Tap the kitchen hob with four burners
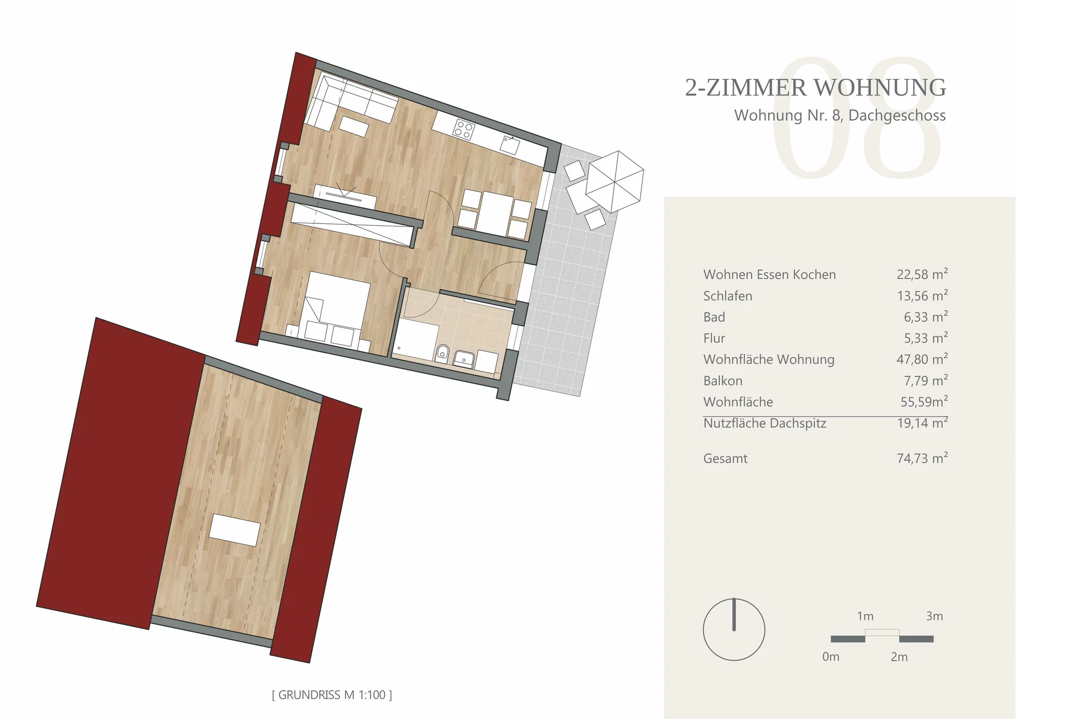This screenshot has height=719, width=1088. click(464, 130)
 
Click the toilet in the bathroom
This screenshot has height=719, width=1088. click(443, 354)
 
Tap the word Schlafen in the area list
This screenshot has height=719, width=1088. click(728, 296)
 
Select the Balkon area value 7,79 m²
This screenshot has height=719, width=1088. click(925, 380)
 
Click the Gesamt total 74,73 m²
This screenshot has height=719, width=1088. click(922, 458)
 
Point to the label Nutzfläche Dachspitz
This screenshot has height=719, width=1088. click(764, 424)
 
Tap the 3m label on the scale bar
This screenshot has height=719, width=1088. click(934, 616)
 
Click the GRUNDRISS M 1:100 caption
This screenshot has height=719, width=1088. click(332, 695)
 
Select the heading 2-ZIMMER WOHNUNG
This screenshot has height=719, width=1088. click(815, 87)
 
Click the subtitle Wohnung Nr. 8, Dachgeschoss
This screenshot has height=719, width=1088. click(840, 116)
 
